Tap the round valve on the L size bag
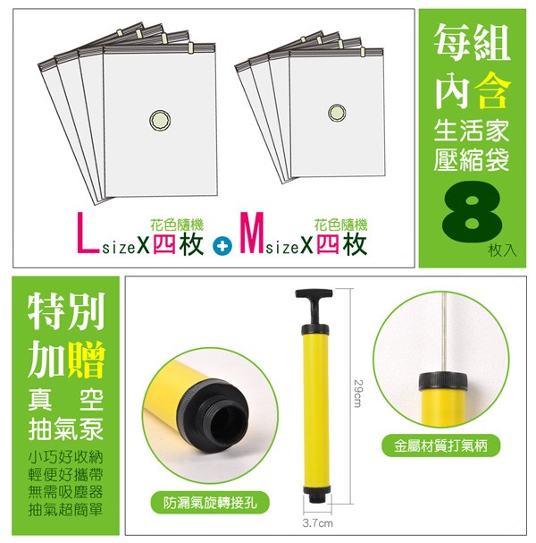160,121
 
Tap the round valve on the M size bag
337,112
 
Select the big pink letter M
253,233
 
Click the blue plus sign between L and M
222,246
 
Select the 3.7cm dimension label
317,523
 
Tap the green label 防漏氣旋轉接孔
210,503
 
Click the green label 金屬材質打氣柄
441,445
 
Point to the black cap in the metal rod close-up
443,380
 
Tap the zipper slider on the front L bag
190,47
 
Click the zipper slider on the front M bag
363,52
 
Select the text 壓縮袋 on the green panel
472,160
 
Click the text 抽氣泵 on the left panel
66,428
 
